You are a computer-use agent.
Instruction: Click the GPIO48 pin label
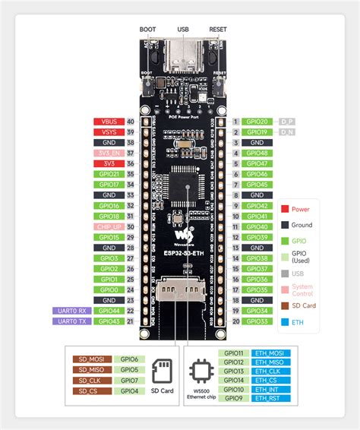(256, 153)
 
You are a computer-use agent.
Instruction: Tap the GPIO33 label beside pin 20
(256, 322)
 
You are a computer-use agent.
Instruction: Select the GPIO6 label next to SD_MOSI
(129, 359)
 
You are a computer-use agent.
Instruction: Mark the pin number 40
(131, 122)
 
